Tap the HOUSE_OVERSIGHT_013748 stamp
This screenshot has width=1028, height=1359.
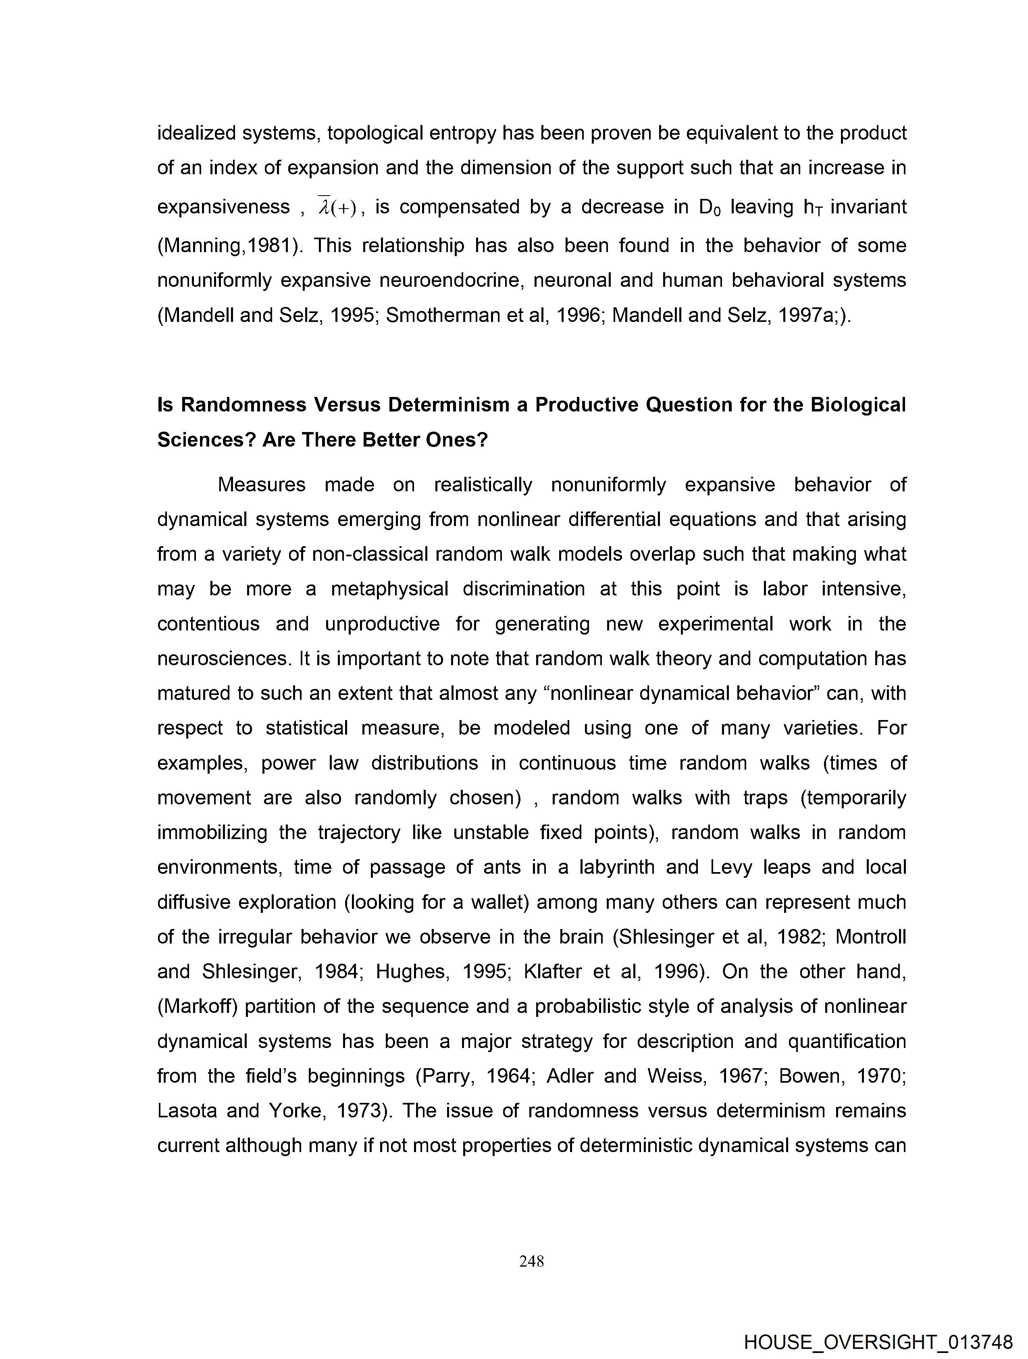878,1342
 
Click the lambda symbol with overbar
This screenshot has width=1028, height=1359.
324,207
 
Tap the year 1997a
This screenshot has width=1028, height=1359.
805,315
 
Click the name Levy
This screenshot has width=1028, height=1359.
731,867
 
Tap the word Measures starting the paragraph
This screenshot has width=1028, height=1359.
262,485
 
